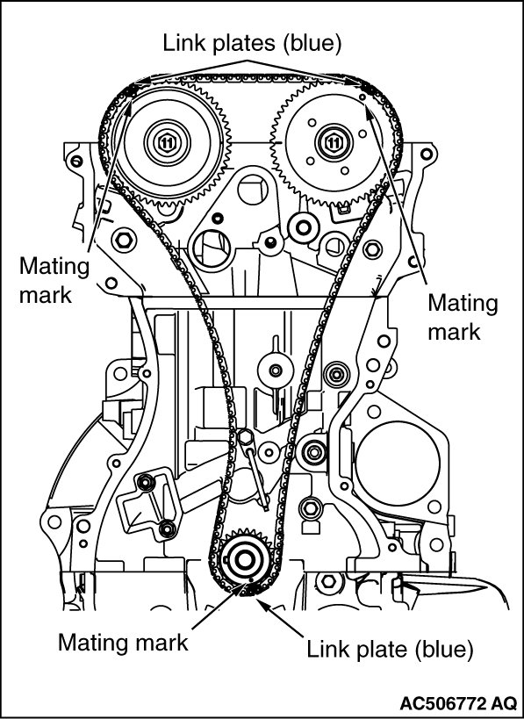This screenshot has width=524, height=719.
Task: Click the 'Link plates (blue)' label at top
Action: (252, 43)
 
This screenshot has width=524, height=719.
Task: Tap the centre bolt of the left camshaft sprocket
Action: (167, 142)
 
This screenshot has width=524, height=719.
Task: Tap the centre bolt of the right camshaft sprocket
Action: (334, 142)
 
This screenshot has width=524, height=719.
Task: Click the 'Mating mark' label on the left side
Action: (54, 280)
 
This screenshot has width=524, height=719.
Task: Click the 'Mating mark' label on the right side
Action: (463, 317)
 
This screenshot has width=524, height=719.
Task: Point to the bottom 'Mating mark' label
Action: (123, 643)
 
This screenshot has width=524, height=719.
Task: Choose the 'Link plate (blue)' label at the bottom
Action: (390, 650)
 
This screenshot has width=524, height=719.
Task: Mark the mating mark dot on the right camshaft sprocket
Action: (362, 97)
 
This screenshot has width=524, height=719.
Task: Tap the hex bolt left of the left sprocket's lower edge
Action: (124, 239)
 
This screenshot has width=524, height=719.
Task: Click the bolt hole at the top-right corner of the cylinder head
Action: (426, 154)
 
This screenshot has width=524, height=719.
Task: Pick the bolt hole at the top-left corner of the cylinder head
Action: (76, 162)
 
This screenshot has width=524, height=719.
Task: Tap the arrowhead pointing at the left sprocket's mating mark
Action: (129, 108)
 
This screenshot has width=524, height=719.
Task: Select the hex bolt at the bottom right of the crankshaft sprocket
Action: (328, 581)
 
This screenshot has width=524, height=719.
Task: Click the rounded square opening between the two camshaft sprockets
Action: (252, 191)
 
